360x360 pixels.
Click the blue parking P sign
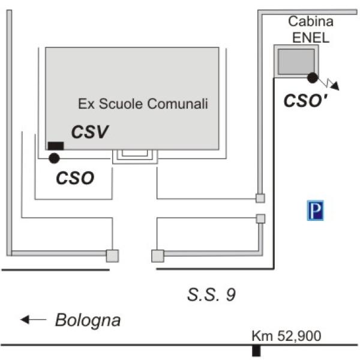[x=315, y=211]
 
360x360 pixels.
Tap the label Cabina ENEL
[x=311, y=29]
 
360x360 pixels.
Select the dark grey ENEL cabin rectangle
[x=296, y=61]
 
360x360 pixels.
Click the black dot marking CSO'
[x=313, y=77]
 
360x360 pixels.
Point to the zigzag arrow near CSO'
[x=328, y=83]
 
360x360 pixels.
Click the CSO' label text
[x=305, y=101]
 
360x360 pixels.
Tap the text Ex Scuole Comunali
[x=143, y=104]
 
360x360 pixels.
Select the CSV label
[x=90, y=132]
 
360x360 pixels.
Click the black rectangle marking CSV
[x=56, y=146]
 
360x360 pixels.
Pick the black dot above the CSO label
[x=54, y=158]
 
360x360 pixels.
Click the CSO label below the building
[x=75, y=178]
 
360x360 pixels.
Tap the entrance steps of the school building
[x=135, y=157]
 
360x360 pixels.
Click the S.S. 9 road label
[x=211, y=295]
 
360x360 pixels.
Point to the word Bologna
[x=88, y=320]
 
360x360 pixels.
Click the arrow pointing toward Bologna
[x=33, y=319]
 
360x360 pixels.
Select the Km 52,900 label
[x=286, y=336]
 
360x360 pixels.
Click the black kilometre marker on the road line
[x=256, y=350]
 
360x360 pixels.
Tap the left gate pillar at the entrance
[x=113, y=256]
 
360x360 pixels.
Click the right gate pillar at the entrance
[x=158, y=256]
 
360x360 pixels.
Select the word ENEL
[x=311, y=37]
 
